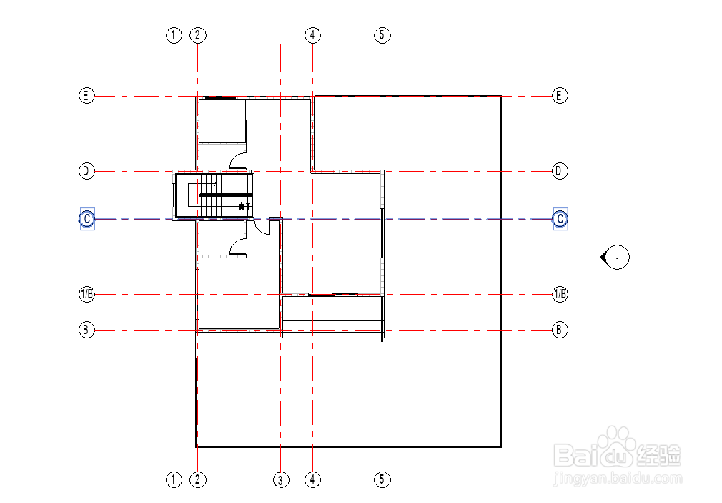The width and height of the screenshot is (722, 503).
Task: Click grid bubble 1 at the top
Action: pyautogui.click(x=174, y=35)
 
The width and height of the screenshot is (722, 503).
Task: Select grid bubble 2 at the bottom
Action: pyautogui.click(x=197, y=479)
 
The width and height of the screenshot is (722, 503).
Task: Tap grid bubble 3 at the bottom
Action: pyautogui.click(x=281, y=479)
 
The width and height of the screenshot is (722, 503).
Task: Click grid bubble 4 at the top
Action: pyautogui.click(x=312, y=35)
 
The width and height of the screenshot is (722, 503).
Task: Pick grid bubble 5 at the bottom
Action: pyautogui.click(x=382, y=479)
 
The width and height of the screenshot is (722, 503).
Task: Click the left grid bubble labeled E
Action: pyautogui.click(x=86, y=95)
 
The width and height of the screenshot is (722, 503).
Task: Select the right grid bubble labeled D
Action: pyautogui.click(x=560, y=171)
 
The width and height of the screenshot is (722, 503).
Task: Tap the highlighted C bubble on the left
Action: pyautogui.click(x=86, y=219)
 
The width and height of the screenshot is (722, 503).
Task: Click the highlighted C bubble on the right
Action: pyautogui.click(x=560, y=218)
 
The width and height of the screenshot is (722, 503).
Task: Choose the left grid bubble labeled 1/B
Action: pyautogui.click(x=86, y=294)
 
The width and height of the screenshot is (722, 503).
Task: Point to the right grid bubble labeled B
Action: pyautogui.click(x=560, y=330)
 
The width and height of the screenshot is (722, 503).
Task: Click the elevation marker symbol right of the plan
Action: pyautogui.click(x=615, y=256)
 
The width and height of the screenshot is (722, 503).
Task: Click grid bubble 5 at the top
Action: pyautogui.click(x=382, y=35)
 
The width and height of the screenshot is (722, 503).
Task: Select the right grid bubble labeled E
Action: pyautogui.click(x=560, y=95)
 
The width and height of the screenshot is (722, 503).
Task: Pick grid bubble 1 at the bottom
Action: pyautogui.click(x=174, y=479)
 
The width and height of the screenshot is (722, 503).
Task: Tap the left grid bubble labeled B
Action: pyautogui.click(x=86, y=330)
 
